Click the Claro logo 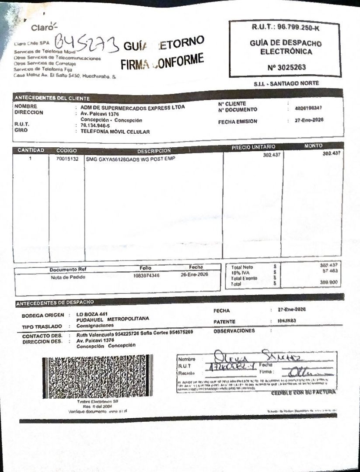click(x=44, y=27)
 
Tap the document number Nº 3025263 click(x=287, y=68)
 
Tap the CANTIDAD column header click(x=31, y=150)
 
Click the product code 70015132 click(x=67, y=159)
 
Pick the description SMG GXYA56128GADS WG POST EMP click(x=130, y=159)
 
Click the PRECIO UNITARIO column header click(x=253, y=148)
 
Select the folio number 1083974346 click(x=147, y=275)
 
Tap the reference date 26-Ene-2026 click(x=194, y=275)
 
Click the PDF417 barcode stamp click(x=98, y=376)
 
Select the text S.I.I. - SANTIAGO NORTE click(x=287, y=83)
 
